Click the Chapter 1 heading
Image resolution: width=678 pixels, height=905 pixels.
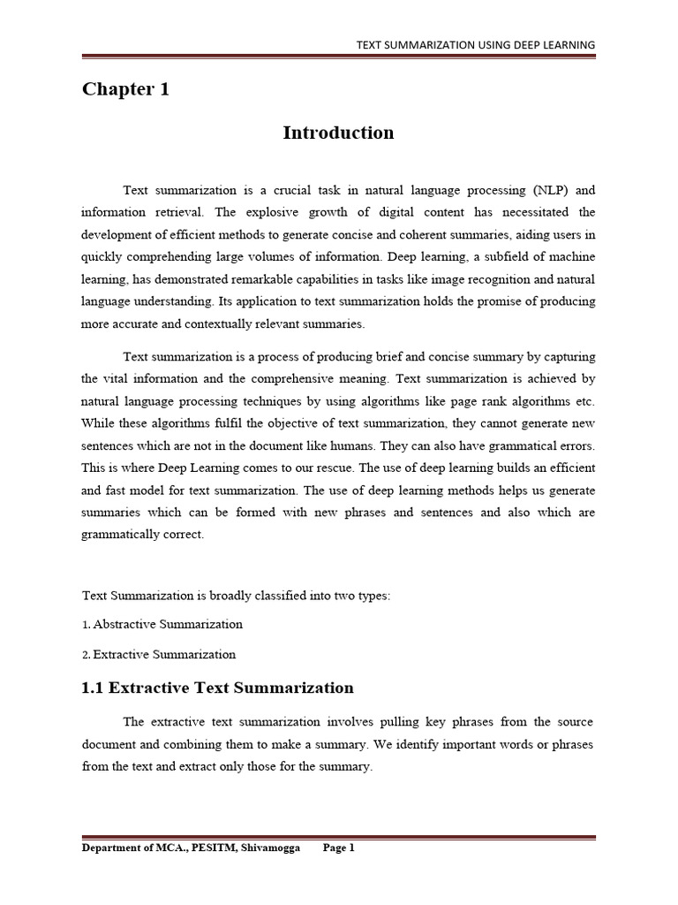tap(125, 89)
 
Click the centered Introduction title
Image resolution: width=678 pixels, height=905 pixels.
tap(338, 133)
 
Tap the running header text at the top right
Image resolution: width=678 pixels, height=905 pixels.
tap(475, 44)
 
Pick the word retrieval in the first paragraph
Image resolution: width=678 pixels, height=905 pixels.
tap(177, 212)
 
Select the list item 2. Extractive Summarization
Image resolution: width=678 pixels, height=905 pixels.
tap(159, 655)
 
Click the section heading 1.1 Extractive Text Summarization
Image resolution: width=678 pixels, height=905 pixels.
tap(217, 688)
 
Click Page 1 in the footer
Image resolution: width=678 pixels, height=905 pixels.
tap(338, 848)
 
